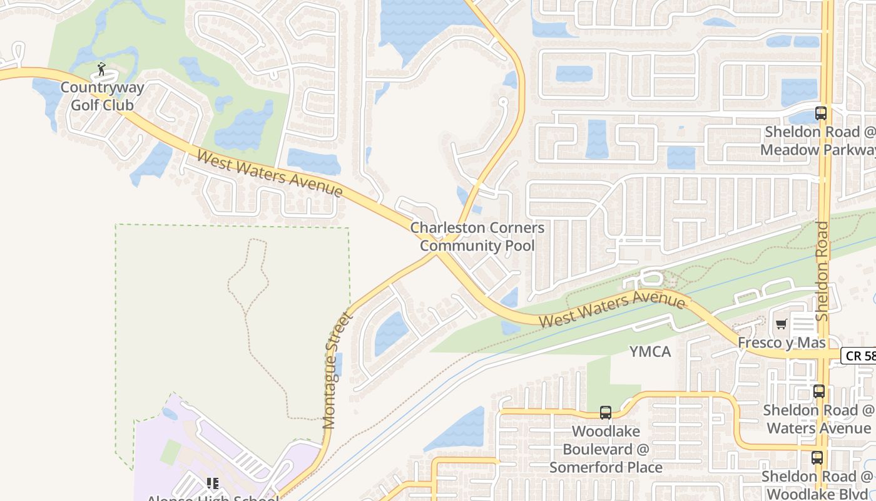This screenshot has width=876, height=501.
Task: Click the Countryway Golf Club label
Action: point(102,96)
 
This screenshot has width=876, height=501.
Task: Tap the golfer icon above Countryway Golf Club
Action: point(101,69)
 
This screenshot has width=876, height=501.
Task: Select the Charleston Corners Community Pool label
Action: point(477,237)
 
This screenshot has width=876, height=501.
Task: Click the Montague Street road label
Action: point(339,370)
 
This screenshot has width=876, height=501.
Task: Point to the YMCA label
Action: point(650,352)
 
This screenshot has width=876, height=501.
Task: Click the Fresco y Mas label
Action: point(782,343)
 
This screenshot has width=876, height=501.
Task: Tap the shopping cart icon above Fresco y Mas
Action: point(781,324)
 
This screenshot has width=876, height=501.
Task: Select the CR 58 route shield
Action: point(859,356)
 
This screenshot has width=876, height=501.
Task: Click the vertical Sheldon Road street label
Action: point(823,271)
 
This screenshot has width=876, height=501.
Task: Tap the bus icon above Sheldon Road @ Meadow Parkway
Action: point(820,113)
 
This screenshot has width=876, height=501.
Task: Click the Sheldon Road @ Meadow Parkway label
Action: point(817,142)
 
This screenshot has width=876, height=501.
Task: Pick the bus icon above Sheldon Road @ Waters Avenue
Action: point(818,391)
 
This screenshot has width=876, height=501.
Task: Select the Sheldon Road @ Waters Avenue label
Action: point(818,420)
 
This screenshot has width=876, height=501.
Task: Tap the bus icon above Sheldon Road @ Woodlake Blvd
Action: point(817,458)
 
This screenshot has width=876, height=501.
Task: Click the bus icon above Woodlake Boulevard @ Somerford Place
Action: point(605,413)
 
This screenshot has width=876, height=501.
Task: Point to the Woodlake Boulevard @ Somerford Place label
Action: point(606,449)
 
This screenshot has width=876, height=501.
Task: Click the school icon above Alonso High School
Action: point(213,484)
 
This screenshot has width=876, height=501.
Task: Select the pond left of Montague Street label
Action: point(391,333)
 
